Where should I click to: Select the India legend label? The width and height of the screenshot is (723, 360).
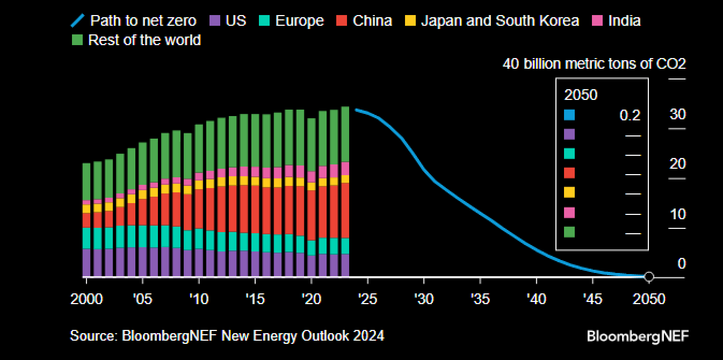click(624, 21)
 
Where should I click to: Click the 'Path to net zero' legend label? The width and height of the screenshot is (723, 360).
click(143, 21)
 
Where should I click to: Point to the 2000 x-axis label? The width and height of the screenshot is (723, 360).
click(86, 299)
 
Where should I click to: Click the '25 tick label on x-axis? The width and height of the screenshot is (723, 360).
click(368, 299)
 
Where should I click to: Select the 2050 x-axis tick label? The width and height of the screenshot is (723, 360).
click(649, 299)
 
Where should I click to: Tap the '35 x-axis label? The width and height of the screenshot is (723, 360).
click(480, 299)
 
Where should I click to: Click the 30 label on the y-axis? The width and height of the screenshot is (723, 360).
click(677, 114)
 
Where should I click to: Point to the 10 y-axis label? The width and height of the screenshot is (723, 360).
click(677, 214)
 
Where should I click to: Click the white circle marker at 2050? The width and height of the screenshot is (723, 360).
click(649, 277)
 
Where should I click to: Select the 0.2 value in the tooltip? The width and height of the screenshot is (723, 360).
click(630, 115)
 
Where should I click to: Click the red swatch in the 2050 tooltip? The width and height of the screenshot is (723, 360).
click(569, 173)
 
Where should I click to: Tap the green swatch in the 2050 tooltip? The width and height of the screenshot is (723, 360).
click(569, 232)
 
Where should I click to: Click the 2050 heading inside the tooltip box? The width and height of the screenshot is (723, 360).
click(581, 95)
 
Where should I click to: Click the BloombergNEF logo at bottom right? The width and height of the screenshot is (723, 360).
click(638, 336)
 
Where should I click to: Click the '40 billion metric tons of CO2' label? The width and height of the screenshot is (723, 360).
click(594, 64)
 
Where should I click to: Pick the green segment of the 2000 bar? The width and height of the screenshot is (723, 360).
click(86, 182)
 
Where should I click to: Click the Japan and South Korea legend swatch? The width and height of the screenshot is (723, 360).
click(410, 21)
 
